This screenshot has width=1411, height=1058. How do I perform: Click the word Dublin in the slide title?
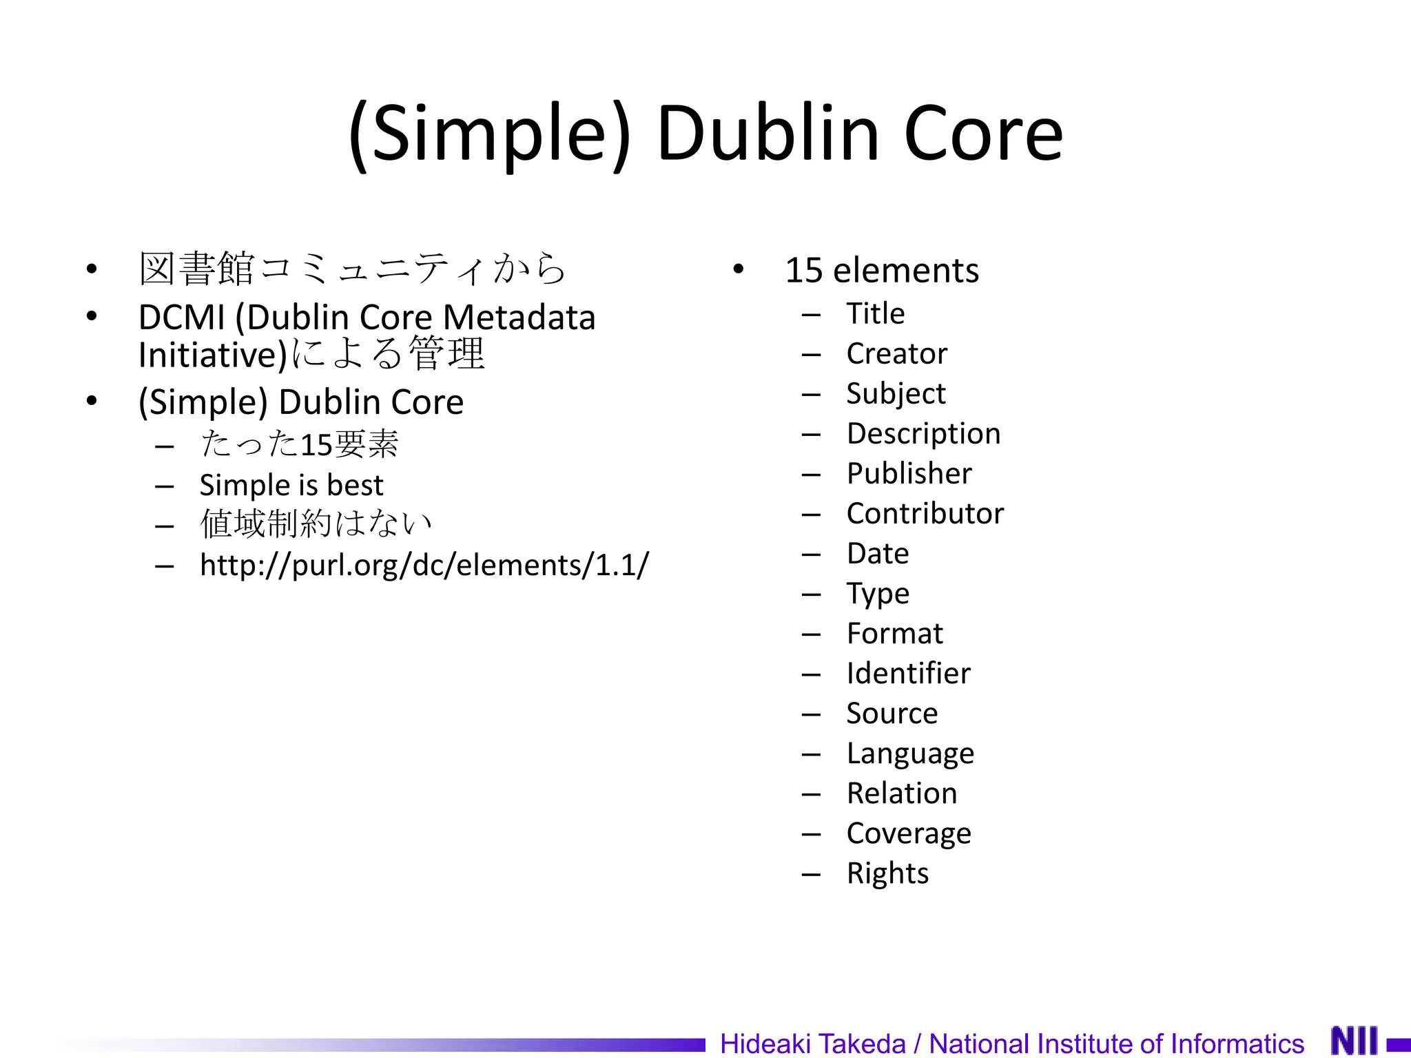(x=768, y=134)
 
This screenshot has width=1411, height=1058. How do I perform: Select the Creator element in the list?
(x=896, y=354)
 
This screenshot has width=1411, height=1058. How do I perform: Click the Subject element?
(x=896, y=394)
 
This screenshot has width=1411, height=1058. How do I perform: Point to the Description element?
(x=923, y=434)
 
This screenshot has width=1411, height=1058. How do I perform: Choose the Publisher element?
(x=909, y=474)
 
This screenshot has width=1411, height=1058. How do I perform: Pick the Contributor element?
(x=925, y=514)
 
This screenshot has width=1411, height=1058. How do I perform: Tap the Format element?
(x=894, y=634)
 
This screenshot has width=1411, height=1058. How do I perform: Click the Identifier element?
(x=908, y=674)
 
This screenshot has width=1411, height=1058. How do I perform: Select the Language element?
(x=910, y=754)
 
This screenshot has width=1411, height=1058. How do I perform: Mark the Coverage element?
(x=909, y=833)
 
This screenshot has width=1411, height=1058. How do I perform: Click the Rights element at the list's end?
(x=887, y=873)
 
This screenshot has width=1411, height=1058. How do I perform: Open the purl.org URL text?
(x=424, y=566)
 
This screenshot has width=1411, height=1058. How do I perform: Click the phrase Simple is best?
(x=291, y=486)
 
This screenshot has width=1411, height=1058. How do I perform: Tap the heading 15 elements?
(x=882, y=271)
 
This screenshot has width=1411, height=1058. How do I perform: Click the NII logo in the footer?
(x=1355, y=1040)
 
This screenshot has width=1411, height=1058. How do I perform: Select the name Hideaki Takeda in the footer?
(x=813, y=1044)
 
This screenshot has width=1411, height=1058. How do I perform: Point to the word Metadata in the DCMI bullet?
(x=519, y=318)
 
